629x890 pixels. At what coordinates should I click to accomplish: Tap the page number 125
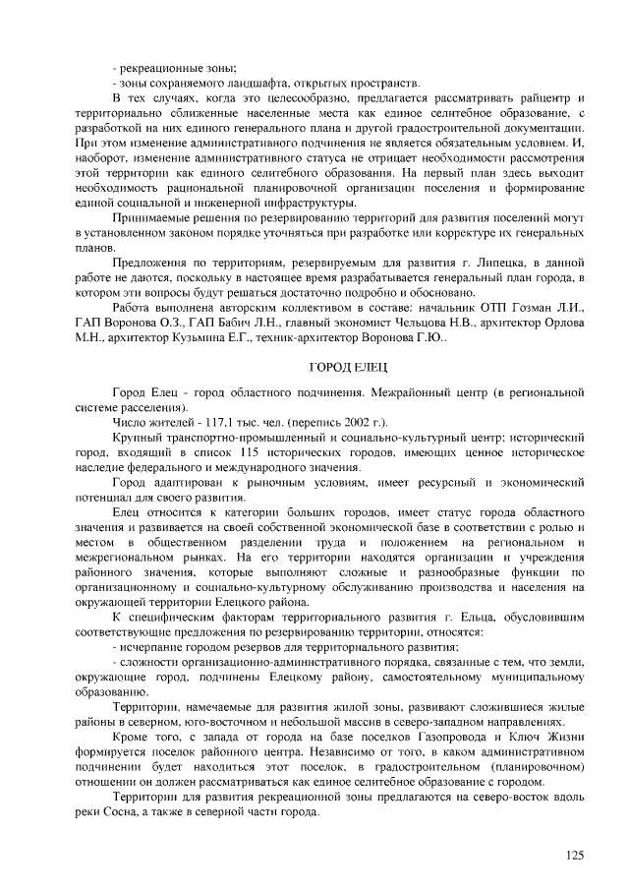click(x=574, y=856)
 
